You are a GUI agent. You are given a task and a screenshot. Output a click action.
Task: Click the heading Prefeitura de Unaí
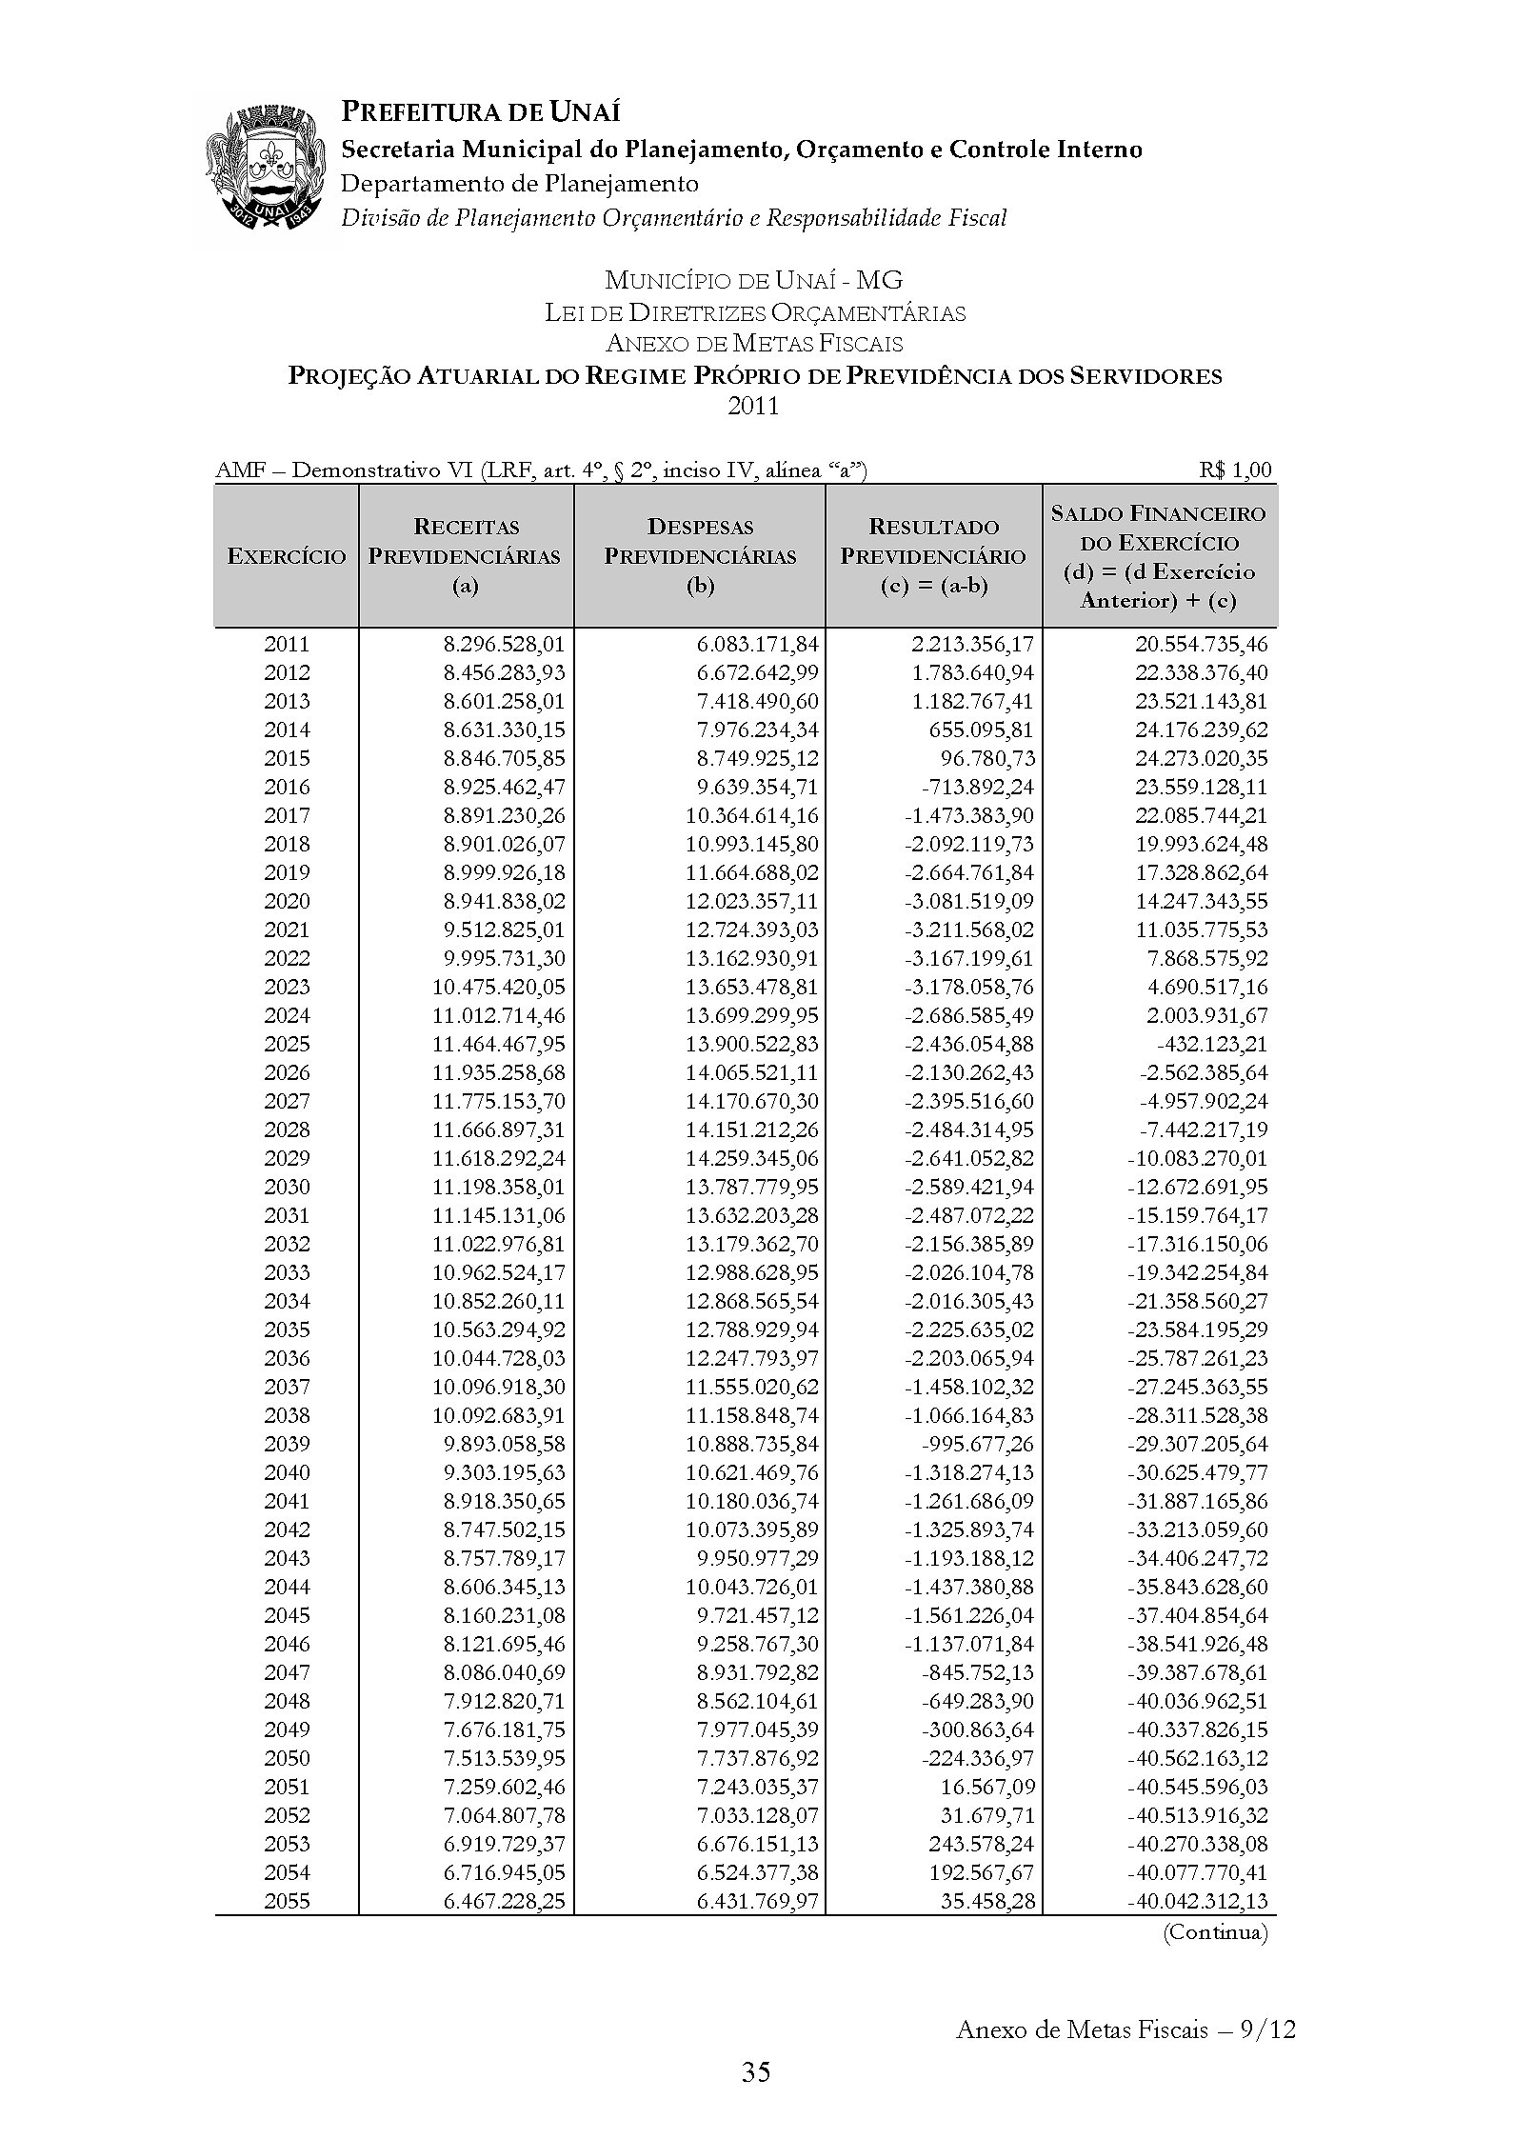tap(481, 112)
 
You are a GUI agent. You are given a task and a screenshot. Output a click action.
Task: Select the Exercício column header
tap(286, 556)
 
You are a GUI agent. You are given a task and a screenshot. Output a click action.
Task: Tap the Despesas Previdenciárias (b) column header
tap(700, 556)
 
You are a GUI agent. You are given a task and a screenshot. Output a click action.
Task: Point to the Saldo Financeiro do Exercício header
tap(1158, 556)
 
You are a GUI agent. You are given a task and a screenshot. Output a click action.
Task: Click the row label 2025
tap(287, 1044)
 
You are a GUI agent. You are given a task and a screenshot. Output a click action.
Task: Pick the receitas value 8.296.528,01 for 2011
tap(504, 644)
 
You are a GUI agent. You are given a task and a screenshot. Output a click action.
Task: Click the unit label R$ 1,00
tap(1235, 470)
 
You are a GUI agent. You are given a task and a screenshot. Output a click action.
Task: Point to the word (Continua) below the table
tap(1215, 1932)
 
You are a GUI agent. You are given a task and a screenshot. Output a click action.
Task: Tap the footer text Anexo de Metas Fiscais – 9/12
tap(1125, 2029)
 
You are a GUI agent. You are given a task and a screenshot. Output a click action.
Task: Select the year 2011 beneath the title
tap(753, 407)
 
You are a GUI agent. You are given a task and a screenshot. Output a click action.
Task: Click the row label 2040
tap(287, 1472)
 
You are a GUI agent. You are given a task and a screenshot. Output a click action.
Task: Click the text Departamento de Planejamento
tap(519, 183)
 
